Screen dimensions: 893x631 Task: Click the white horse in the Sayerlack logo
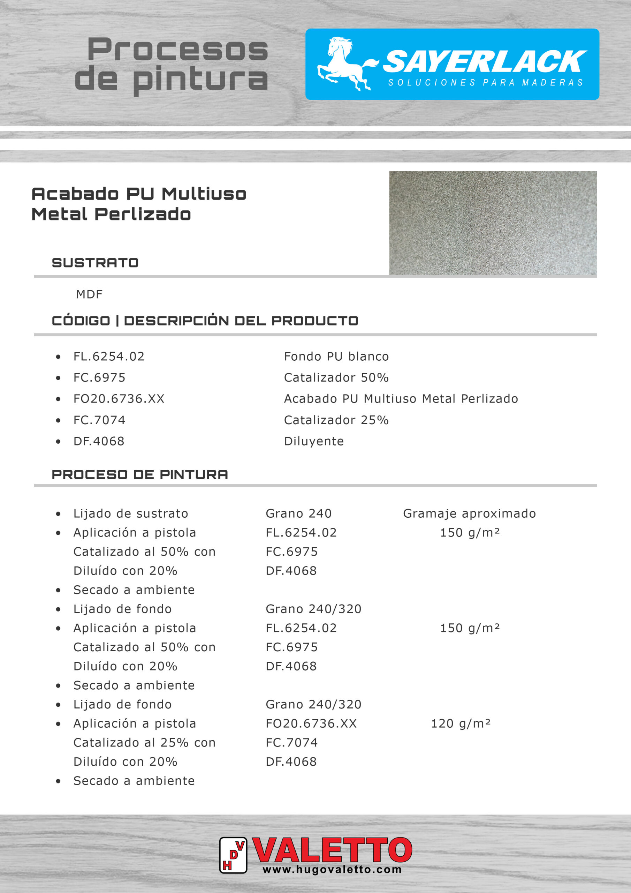point(344,63)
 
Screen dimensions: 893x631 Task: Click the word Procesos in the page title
point(178,50)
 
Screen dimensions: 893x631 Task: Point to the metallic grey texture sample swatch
point(493,223)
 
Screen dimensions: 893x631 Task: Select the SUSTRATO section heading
point(95,263)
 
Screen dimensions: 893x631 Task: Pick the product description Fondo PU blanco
point(336,356)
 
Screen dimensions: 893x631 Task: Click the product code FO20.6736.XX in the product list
point(119,399)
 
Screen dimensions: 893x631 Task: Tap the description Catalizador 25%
point(336,420)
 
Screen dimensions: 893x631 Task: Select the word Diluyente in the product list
point(314,441)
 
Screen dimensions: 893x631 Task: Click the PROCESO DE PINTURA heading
point(140,474)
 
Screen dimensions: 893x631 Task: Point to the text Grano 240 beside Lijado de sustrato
point(298,513)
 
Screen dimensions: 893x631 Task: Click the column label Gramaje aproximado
point(469,513)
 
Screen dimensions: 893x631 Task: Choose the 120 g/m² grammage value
point(461,723)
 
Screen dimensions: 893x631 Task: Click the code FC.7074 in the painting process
point(291,743)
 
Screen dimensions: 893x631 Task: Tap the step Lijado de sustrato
point(131,513)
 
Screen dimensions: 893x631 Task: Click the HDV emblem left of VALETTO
point(233,855)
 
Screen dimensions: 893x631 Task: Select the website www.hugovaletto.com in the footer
point(332,870)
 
